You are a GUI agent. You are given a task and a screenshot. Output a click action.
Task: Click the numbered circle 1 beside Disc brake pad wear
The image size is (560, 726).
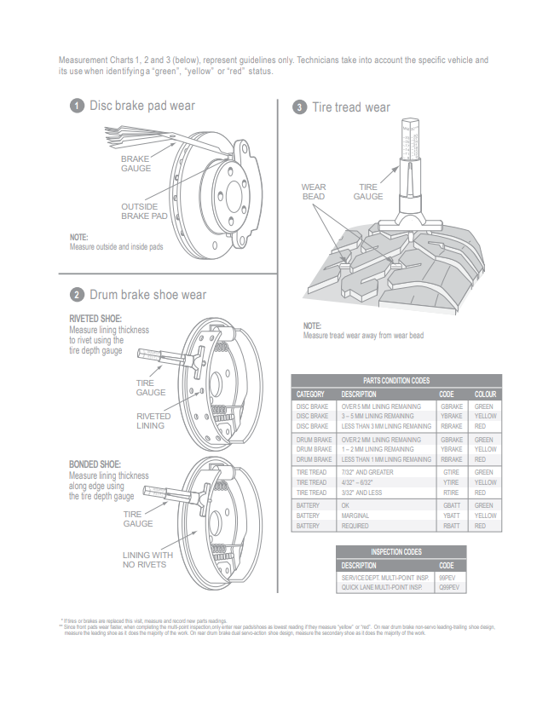tap(77, 106)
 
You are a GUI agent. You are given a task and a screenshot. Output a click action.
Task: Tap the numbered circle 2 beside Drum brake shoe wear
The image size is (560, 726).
tap(77, 295)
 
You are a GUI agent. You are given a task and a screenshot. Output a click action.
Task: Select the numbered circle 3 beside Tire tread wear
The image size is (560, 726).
tap(299, 107)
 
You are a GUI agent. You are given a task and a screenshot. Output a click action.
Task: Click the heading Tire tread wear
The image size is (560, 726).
tap(350, 107)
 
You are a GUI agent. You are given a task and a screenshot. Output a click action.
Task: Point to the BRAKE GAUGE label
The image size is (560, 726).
tap(136, 164)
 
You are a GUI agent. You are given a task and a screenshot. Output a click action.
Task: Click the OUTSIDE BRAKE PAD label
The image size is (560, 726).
tap(144, 211)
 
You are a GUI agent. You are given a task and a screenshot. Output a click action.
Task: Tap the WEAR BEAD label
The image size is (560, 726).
tap(314, 192)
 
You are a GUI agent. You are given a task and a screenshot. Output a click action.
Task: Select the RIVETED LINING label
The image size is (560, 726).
tap(153, 421)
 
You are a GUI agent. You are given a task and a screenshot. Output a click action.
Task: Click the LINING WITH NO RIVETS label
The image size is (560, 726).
tap(147, 560)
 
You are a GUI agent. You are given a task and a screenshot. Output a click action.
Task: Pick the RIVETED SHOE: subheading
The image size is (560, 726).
tap(95, 320)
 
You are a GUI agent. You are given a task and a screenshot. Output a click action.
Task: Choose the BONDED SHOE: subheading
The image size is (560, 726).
tap(95, 465)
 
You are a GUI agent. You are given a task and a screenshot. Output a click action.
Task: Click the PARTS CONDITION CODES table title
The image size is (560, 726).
tap(396, 381)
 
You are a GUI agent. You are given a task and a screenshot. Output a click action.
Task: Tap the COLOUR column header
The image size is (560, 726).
tap(485, 395)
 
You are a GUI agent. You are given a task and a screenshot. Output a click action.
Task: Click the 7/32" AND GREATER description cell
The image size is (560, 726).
tap(368, 472)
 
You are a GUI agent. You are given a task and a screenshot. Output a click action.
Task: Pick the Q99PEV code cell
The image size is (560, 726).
tap(449, 588)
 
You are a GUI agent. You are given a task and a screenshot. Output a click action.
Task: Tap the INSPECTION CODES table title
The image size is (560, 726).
tap(401, 551)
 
